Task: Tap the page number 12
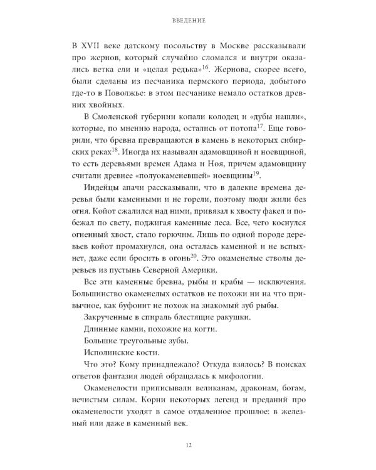click(188, 446)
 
